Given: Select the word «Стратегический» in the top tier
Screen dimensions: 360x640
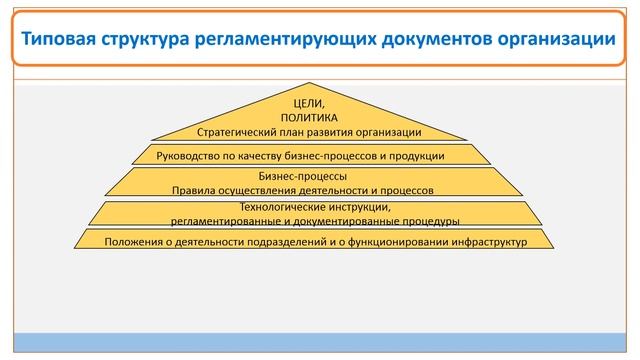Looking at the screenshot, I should (x=238, y=131).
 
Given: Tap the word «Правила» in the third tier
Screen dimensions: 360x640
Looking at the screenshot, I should (x=195, y=188).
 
